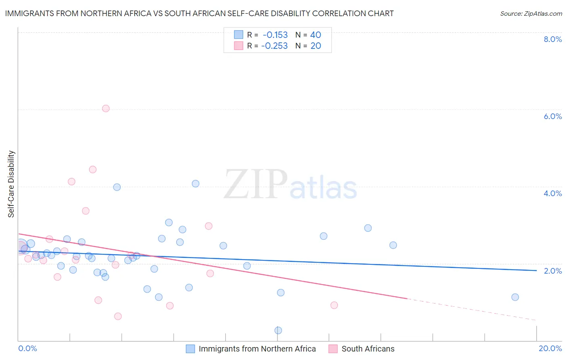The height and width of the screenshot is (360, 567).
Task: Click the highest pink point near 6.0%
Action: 106,108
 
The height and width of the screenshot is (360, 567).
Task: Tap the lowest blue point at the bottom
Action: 278,330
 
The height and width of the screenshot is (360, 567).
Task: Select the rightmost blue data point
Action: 515,297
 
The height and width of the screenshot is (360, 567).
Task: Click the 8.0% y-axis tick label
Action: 552,39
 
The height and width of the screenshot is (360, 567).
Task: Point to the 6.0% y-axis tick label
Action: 552,116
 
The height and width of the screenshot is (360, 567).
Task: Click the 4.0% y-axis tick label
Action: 552,193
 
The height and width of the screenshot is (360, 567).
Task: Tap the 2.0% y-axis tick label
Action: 552,271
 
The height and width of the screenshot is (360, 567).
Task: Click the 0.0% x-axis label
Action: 27,348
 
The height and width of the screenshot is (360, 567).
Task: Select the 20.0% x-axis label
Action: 550,348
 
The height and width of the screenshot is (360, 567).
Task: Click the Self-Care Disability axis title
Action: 11,184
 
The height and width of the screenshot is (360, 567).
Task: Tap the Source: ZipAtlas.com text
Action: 531,13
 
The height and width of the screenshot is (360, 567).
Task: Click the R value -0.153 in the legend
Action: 275,35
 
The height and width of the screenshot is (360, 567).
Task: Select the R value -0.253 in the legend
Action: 274,46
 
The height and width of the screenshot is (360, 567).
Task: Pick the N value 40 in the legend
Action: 315,35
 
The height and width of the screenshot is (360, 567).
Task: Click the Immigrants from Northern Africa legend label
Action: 257,349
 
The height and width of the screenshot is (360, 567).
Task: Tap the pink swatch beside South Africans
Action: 333,349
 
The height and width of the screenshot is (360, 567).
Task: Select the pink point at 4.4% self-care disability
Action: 93,170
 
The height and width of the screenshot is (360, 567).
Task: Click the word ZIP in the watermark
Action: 255,184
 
